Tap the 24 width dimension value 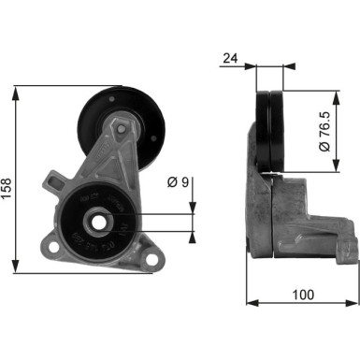[229, 58]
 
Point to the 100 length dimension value [301, 295]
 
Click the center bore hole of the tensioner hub [96, 222]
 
